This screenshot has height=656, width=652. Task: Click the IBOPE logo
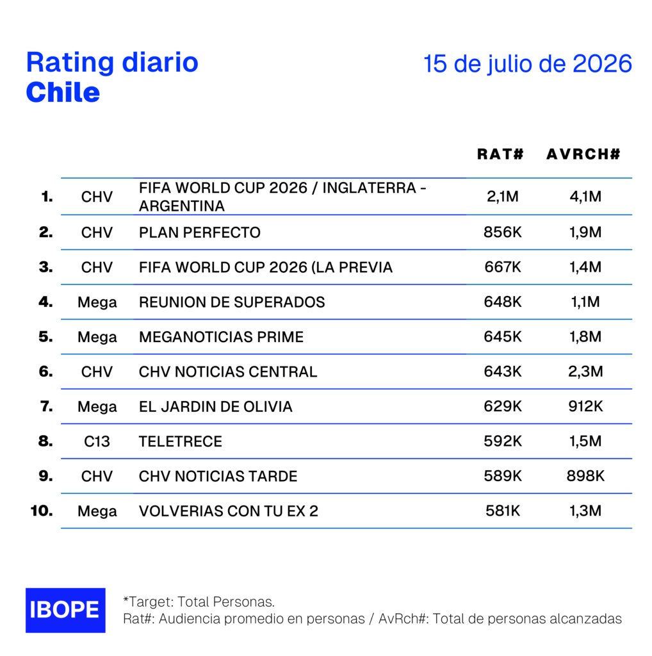coord(65,610)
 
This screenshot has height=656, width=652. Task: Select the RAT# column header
coord(500,154)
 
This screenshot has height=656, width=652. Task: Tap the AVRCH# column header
coord(583,154)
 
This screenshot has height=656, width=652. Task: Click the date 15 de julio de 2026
coord(527,64)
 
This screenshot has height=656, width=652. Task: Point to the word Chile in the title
coord(63,92)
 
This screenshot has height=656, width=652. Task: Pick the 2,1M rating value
coord(502,196)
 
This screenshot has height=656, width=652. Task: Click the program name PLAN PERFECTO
coord(199,232)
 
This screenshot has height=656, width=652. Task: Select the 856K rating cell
coord(502,232)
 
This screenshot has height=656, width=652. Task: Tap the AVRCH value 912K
coord(585,406)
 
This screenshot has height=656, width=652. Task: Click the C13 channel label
coord(97,441)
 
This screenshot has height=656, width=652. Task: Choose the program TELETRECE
coord(180,441)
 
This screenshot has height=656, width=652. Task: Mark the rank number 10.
coord(42,511)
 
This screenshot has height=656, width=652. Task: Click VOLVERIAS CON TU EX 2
coord(229,511)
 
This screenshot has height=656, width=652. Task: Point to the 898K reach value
coord(585,476)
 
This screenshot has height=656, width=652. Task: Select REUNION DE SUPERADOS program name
coord(232,302)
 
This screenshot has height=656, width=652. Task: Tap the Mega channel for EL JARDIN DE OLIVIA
coord(97,407)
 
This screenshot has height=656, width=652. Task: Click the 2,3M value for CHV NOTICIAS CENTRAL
coord(585,371)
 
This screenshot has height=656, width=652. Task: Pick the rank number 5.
coord(45,336)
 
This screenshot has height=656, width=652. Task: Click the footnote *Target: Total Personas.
coord(199,602)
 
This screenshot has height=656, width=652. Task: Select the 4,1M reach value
coord(585,196)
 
